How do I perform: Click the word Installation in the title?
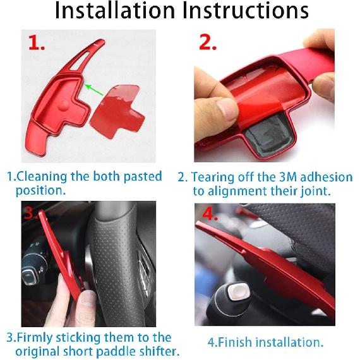click(111, 12)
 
